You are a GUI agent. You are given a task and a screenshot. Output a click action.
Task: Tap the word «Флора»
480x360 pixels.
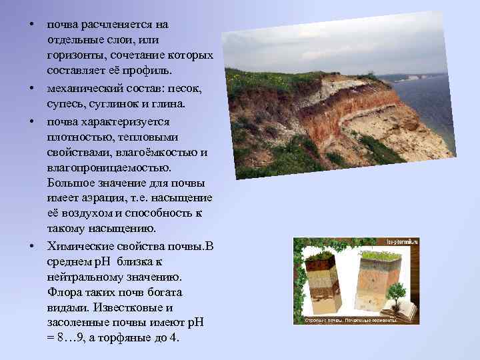click(x=64, y=292)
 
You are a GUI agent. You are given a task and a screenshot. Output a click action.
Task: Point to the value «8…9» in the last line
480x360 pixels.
click(x=69, y=338)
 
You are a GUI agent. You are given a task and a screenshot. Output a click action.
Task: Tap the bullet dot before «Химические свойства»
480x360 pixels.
click(x=31, y=245)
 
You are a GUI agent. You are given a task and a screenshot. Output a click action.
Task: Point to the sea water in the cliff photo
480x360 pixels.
click(x=433, y=100)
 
